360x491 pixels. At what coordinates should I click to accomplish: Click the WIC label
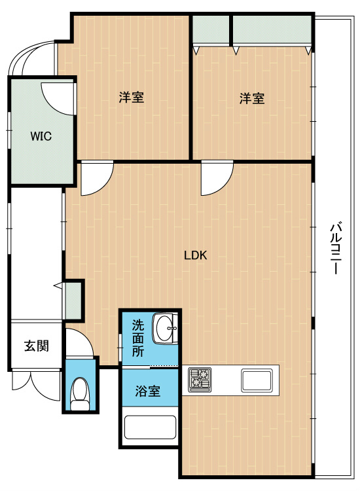[41, 136]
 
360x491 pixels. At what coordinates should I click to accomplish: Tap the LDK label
[195, 255]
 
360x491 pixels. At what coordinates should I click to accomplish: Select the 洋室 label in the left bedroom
[132, 98]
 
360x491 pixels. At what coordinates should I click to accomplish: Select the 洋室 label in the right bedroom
[252, 98]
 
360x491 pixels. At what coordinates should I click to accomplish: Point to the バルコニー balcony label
[336, 248]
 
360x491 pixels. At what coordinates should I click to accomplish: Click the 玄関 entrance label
[37, 346]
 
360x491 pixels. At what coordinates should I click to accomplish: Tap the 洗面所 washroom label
[137, 338]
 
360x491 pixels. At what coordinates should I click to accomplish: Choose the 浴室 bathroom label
[148, 391]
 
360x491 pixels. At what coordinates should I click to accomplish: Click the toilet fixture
[79, 393]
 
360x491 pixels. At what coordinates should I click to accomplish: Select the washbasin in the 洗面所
[165, 329]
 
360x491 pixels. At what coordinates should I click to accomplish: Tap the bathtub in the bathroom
[150, 427]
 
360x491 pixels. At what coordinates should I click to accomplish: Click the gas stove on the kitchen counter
[200, 380]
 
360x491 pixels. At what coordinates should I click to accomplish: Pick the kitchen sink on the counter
[257, 380]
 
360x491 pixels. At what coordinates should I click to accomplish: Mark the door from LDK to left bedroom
[97, 178]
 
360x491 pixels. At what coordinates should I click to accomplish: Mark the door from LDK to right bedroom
[217, 178]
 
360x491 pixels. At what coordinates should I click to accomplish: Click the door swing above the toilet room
[79, 342]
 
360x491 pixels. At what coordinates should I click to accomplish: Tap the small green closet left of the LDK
[73, 300]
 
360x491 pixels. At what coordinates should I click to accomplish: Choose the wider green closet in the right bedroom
[272, 29]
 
